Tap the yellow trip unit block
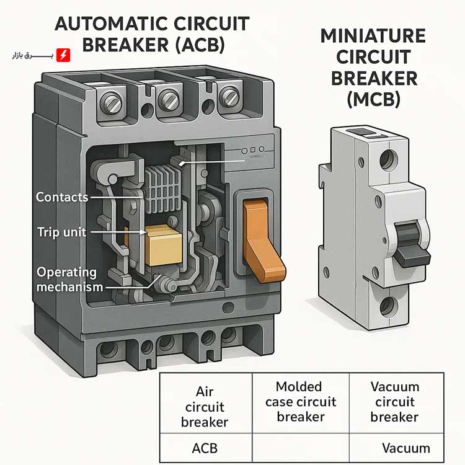(164, 244)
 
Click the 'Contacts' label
(62, 197)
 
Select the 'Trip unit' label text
(61, 232)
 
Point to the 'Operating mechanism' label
(66, 279)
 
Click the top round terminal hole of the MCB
(388, 159)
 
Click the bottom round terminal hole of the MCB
(388, 305)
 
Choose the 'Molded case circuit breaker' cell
(300, 401)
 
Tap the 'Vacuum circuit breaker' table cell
(394, 401)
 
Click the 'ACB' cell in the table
(205, 447)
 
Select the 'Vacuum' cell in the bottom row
(405, 448)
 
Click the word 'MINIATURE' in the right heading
(373, 36)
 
